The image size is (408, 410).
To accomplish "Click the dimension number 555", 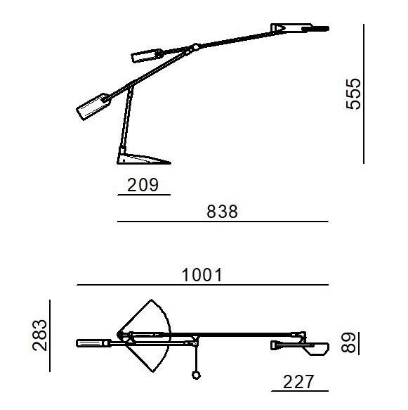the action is (x=353, y=94).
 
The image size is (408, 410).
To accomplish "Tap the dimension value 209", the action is (x=143, y=185).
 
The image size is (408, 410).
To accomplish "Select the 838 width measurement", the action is (x=222, y=212).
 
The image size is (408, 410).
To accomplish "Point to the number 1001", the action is (x=202, y=275).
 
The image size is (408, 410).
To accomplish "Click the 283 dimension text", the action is (x=40, y=335).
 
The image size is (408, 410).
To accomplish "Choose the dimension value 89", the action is (x=348, y=342).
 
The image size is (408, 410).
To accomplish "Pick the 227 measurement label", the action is (x=298, y=382).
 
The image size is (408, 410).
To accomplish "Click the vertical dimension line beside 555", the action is (x=364, y=94).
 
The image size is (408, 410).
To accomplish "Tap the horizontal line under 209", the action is (x=144, y=195).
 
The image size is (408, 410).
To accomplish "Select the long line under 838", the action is (x=223, y=222).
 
